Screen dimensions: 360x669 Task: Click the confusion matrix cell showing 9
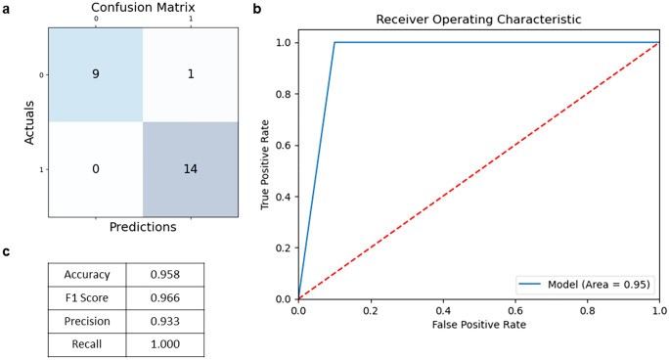click(95, 73)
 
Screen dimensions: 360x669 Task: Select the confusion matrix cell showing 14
click(190, 169)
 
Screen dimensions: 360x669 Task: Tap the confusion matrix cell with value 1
click(190, 73)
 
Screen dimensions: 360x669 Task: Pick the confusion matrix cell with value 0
click(95, 169)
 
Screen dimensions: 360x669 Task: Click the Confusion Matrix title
click(142, 7)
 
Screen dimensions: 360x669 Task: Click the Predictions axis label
click(142, 227)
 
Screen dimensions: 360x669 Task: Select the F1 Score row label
click(86, 298)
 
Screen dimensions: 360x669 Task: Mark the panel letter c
click(7, 251)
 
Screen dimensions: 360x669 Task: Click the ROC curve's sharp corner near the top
click(334, 43)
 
